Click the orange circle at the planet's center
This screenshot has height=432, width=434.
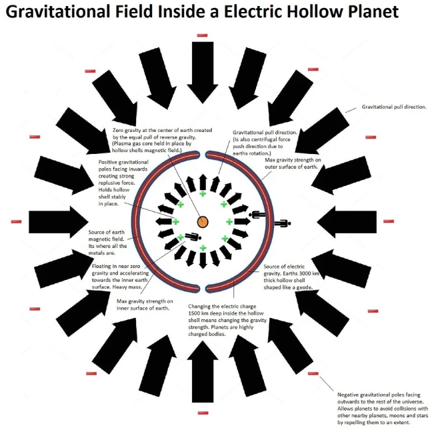click(202, 221)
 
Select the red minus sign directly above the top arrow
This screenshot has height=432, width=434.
click(202, 35)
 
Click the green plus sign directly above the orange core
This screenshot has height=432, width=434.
click(202, 193)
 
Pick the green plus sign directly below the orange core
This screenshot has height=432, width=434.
click(202, 249)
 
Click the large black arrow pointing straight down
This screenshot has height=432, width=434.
click(202, 70)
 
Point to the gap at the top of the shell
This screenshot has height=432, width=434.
click(202, 155)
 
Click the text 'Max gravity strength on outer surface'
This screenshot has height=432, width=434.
click(294, 164)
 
